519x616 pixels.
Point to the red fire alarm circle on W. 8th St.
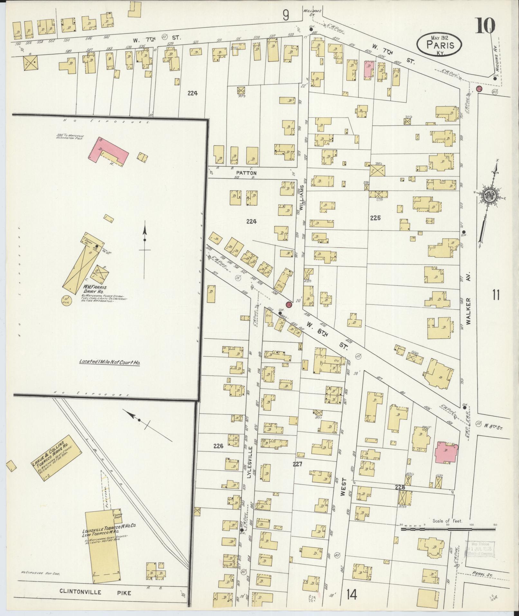289,304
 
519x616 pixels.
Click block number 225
375,218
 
